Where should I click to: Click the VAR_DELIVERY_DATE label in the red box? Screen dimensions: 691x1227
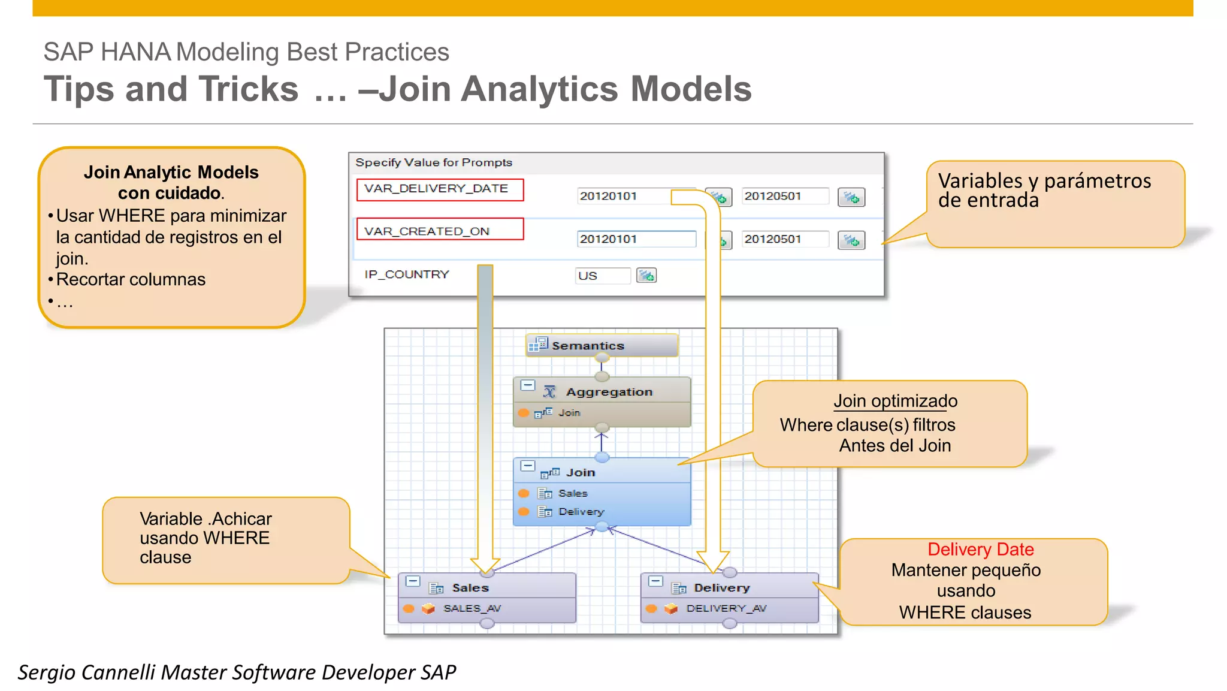(x=436, y=189)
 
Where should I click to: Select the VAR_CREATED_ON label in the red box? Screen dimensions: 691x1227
(x=427, y=231)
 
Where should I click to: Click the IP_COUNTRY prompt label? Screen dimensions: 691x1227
(x=407, y=274)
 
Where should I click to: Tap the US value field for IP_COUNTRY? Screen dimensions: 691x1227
(x=602, y=276)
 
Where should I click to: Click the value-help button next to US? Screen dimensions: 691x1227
(x=646, y=276)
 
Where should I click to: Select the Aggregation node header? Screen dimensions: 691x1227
(x=608, y=392)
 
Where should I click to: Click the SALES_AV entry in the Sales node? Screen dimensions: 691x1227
(x=472, y=608)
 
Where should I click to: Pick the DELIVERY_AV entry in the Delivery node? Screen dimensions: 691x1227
(x=726, y=608)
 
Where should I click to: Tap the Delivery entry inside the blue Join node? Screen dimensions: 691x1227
(x=581, y=512)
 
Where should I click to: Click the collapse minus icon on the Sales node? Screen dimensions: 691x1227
(x=413, y=581)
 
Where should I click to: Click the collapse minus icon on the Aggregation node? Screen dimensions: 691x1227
(x=527, y=385)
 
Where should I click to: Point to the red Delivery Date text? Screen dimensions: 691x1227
(x=980, y=550)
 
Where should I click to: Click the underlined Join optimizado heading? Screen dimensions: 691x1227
(x=895, y=401)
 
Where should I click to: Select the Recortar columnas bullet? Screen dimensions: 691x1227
(x=131, y=279)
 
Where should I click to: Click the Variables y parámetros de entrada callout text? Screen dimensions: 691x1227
(x=1044, y=190)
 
